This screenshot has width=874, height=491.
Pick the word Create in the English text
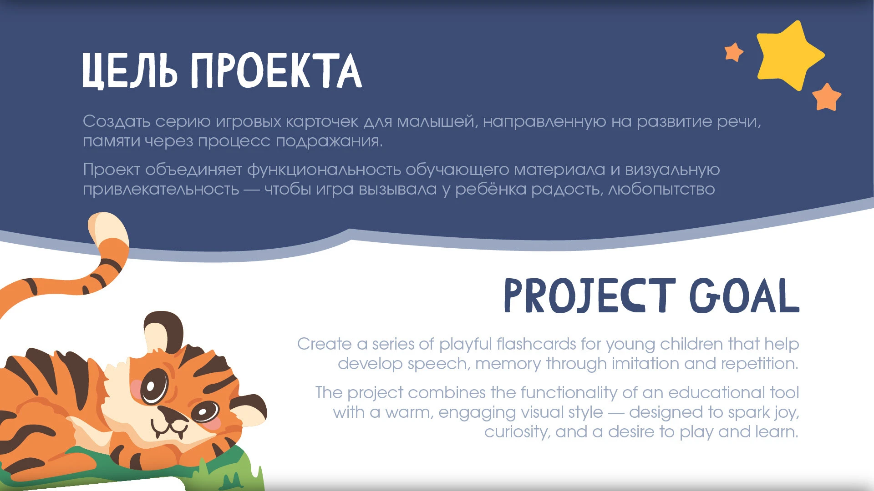[x=324, y=344]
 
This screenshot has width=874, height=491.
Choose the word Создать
[x=117, y=121]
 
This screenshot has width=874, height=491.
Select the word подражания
[x=329, y=141]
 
